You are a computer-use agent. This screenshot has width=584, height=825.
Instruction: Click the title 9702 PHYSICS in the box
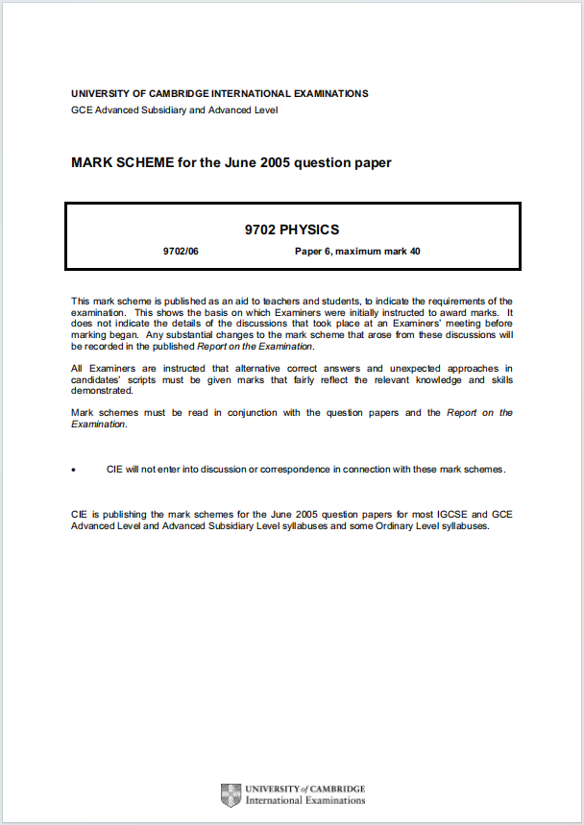(x=292, y=230)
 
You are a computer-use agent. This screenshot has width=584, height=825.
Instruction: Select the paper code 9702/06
(x=181, y=252)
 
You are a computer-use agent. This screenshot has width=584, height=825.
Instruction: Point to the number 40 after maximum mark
(x=415, y=252)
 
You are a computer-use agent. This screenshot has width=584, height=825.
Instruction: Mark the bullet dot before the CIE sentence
(x=73, y=470)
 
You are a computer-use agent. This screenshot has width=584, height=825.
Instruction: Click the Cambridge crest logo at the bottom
(x=231, y=794)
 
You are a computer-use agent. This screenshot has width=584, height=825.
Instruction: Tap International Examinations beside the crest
(x=305, y=800)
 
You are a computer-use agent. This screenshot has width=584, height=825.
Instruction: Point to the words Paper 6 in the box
(x=312, y=252)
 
